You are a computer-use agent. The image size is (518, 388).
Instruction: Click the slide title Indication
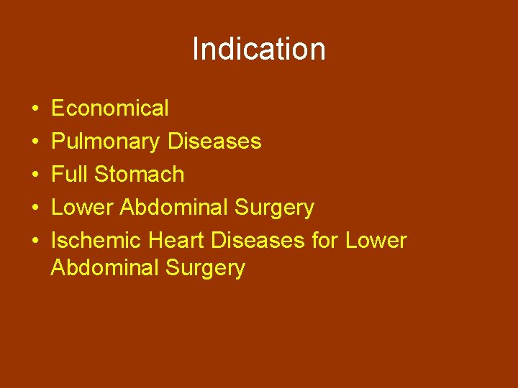pos(259,50)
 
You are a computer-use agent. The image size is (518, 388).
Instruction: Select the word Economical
pos(110,108)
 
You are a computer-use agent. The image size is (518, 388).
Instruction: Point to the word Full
pos(70,175)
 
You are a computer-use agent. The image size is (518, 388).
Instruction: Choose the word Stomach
pos(139,175)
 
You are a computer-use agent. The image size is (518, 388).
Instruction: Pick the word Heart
pos(176,241)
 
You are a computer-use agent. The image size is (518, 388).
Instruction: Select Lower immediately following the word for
pos(376,241)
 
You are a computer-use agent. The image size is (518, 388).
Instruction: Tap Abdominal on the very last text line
pos(104,268)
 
